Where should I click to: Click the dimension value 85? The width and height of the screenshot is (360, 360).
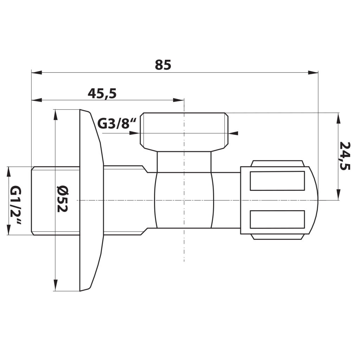click(163, 65)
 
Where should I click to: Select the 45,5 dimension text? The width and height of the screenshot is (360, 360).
click(102, 94)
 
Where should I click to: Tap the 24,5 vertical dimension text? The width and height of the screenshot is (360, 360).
click(345, 156)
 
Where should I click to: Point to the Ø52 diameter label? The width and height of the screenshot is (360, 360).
click(62, 199)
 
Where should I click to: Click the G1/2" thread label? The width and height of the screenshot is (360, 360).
click(16, 205)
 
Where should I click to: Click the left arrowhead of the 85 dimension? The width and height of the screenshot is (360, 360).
click(37, 72)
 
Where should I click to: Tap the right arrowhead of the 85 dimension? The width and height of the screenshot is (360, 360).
click(313, 72)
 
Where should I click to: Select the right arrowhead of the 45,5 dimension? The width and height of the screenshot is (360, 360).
click(179, 100)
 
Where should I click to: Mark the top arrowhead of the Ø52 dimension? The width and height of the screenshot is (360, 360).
click(55, 115)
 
